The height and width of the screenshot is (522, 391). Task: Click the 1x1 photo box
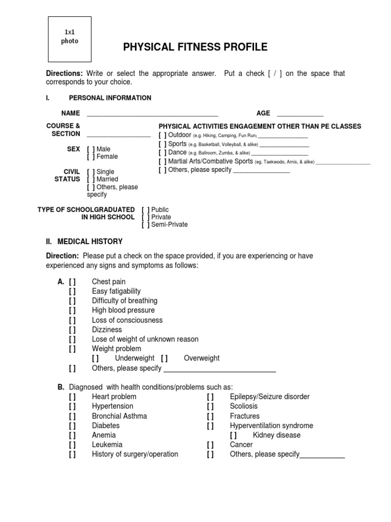coord(70,39)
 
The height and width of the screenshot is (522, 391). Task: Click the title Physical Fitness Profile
coord(195,47)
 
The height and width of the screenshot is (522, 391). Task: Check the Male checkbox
coord(91,149)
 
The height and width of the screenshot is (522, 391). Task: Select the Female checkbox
coord(91,156)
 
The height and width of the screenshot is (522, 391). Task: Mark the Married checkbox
coord(91,179)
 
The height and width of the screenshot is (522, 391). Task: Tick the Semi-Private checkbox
coord(146,224)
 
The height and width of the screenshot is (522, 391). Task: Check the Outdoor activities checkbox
coord(162,135)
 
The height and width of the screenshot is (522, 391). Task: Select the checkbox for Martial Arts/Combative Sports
coord(162,161)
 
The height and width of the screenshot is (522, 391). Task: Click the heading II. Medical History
coord(85,242)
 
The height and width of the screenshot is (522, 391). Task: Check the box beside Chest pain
coord(72,282)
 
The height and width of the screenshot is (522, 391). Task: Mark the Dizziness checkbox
coord(72,330)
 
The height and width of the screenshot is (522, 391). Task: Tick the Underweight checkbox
coord(95,358)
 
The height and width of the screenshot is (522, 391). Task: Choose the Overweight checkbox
coord(164,358)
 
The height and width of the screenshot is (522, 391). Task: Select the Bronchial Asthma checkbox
coord(72,416)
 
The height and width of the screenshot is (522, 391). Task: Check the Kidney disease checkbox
coord(233,435)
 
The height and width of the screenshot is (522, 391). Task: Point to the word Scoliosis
coord(244,406)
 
